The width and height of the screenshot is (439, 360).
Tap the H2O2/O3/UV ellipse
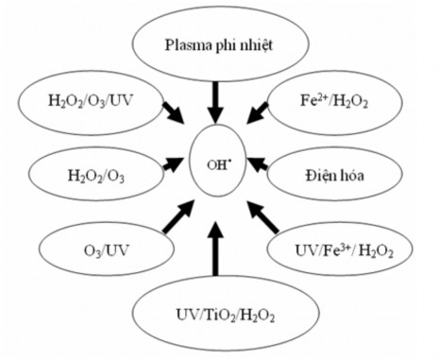[78, 98]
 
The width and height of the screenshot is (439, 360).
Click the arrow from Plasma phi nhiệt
[218, 101]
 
